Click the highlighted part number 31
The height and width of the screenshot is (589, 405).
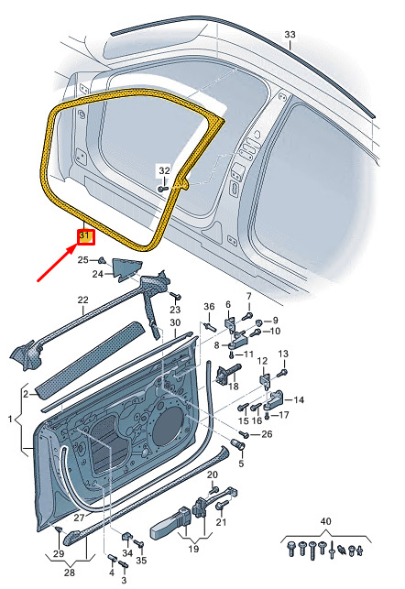click(85, 236)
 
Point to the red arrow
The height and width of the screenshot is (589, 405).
click(58, 263)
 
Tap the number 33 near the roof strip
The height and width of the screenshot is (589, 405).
click(290, 35)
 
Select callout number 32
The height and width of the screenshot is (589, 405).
click(164, 171)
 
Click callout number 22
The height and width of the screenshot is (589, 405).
click(83, 300)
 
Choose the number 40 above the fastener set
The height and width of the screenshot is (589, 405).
click(325, 521)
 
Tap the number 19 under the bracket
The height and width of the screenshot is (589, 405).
click(193, 549)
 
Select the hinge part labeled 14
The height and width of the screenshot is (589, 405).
click(275, 399)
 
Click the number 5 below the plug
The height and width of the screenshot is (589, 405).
click(241, 464)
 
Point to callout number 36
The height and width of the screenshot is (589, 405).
click(209, 307)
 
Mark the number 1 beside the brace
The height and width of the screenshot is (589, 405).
click(10, 419)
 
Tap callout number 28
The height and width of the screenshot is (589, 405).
click(69, 573)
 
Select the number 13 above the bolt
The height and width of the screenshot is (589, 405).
click(283, 354)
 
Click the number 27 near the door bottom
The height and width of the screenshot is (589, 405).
click(79, 518)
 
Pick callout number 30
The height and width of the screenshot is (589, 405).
click(175, 322)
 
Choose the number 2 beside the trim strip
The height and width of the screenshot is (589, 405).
click(25, 394)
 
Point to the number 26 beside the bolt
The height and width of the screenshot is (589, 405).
click(267, 434)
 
